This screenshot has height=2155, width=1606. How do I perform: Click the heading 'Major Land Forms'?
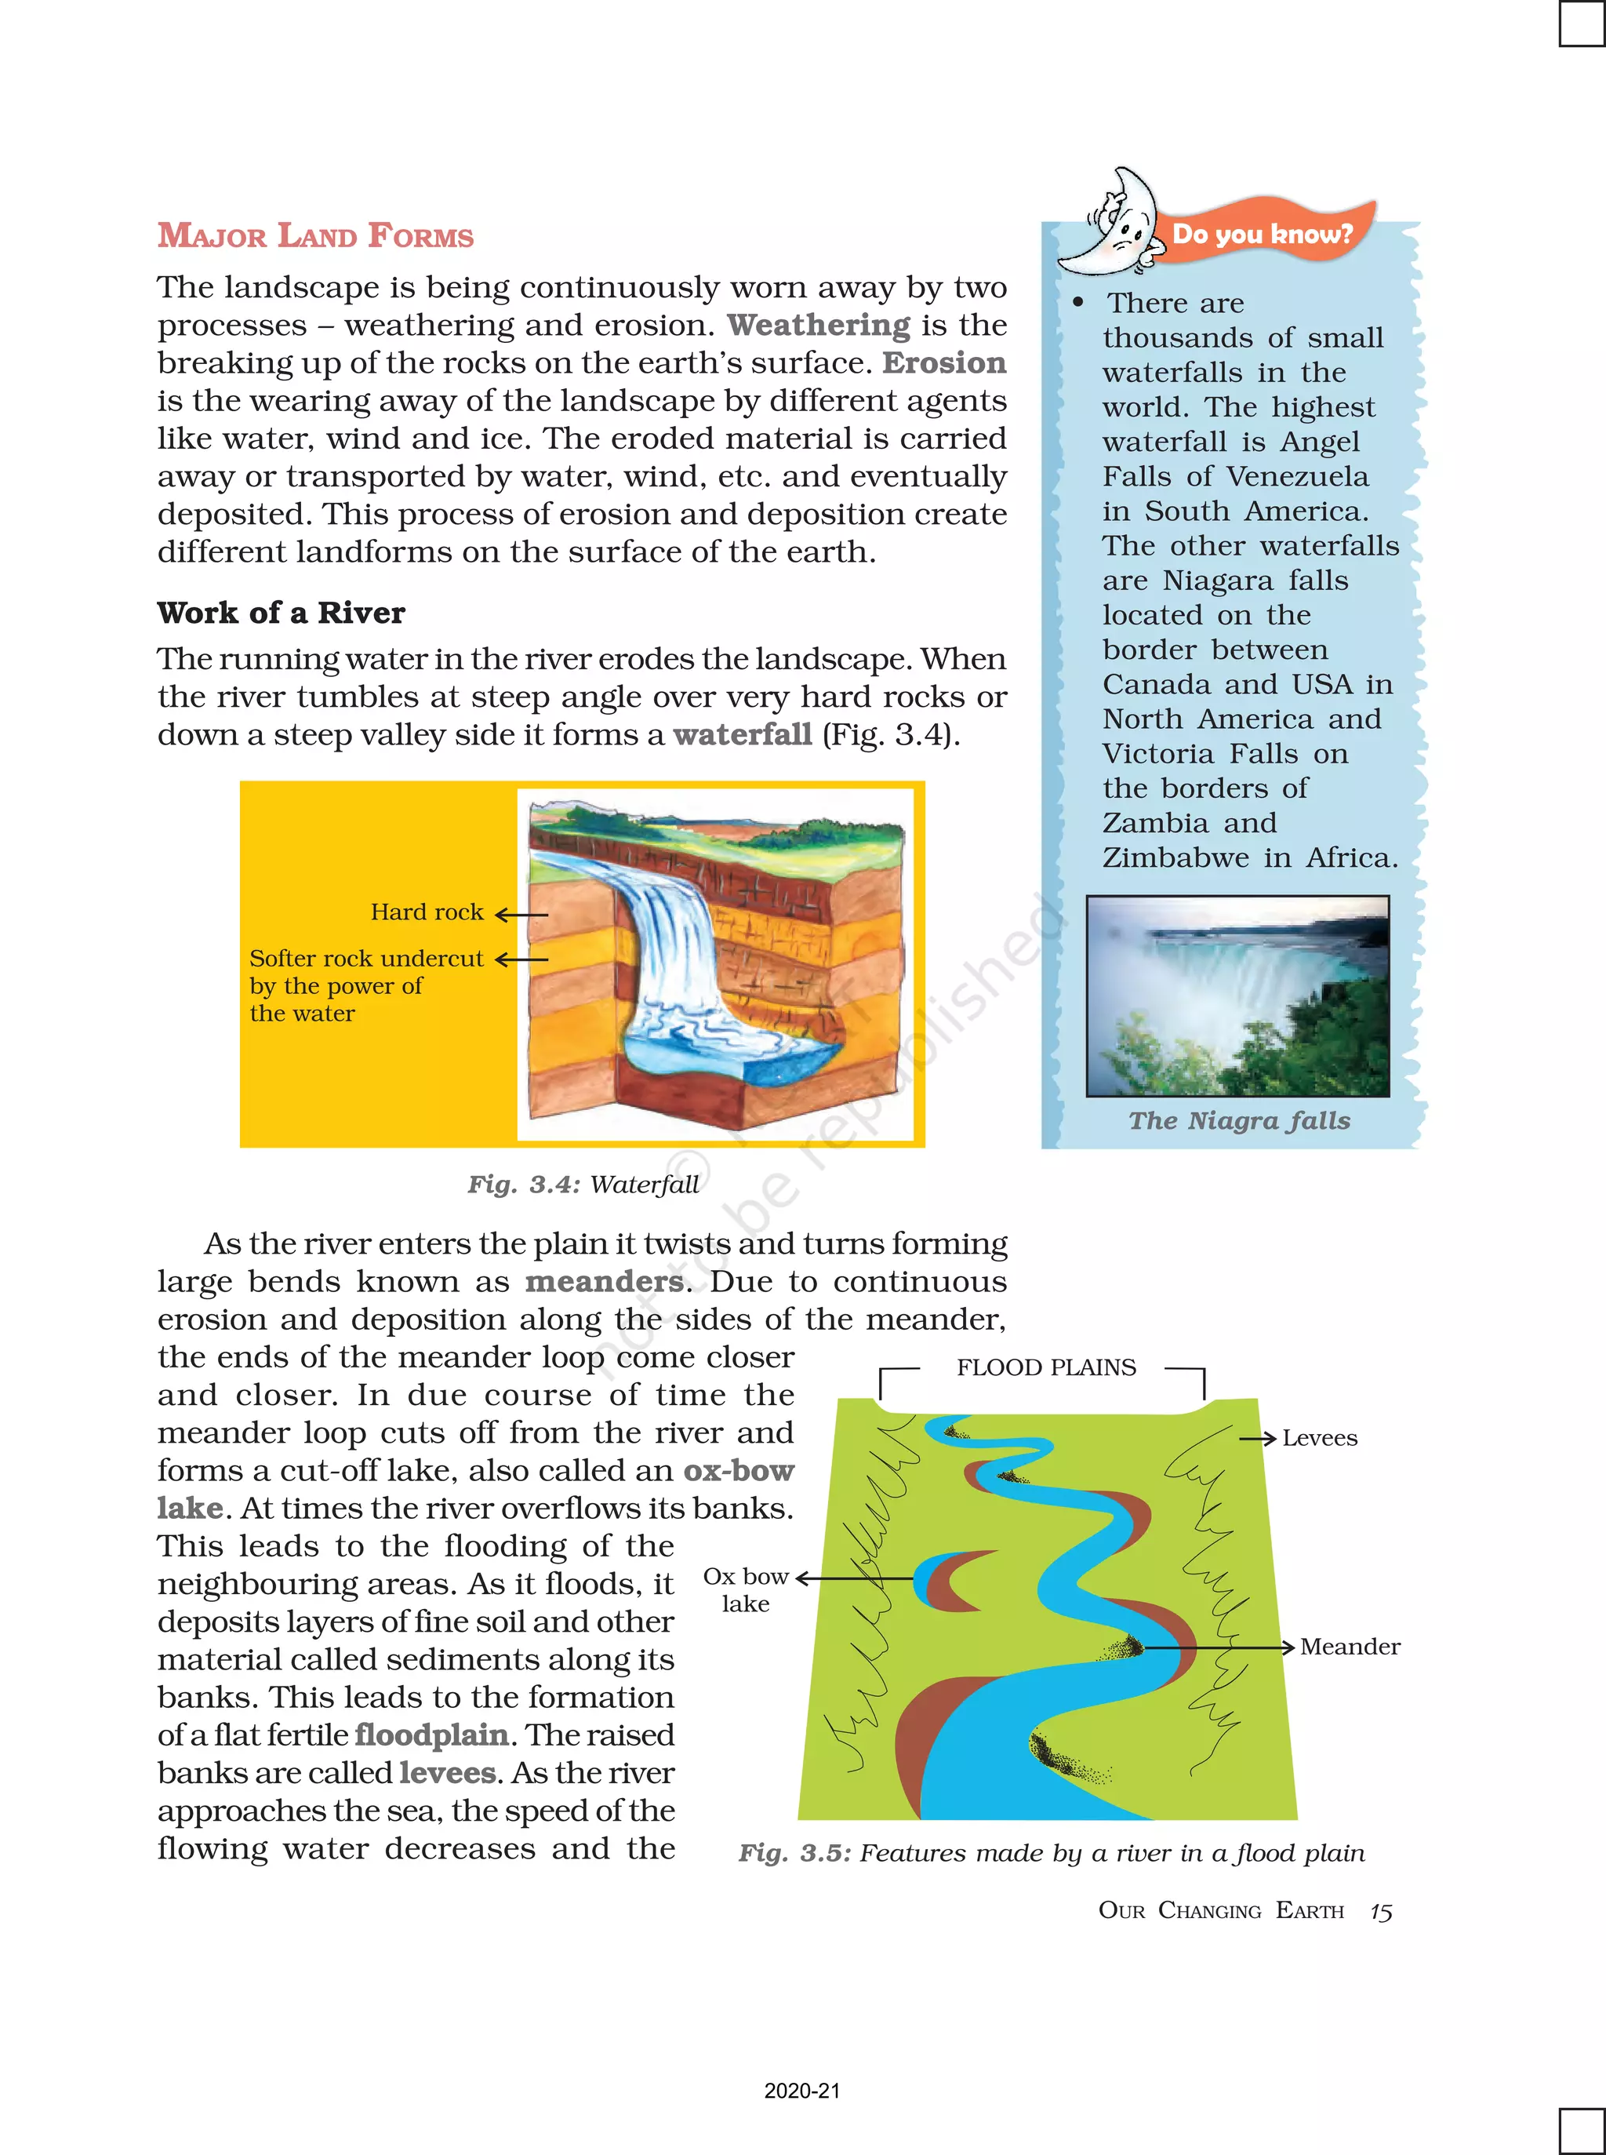(315, 235)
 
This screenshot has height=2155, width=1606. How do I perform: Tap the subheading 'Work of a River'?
(281, 613)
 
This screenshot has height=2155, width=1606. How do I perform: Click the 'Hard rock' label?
(427, 912)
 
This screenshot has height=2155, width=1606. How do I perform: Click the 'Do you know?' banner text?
(1262, 235)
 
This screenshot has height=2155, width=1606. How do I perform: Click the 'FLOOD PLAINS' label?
(1045, 1367)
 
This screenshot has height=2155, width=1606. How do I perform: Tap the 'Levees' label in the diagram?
(1319, 1438)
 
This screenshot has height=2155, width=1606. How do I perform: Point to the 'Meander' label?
(1350, 1647)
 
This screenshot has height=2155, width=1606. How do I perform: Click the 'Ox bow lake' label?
(746, 1590)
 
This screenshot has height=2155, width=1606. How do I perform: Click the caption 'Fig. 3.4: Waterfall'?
(583, 1185)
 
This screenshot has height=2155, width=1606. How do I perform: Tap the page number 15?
(1380, 1912)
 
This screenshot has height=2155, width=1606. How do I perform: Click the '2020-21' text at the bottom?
(802, 2091)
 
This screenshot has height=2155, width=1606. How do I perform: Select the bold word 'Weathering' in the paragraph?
(819, 325)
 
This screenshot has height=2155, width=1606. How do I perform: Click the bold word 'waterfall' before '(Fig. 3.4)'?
(742, 734)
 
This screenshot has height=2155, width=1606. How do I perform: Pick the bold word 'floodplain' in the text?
(431, 1735)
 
